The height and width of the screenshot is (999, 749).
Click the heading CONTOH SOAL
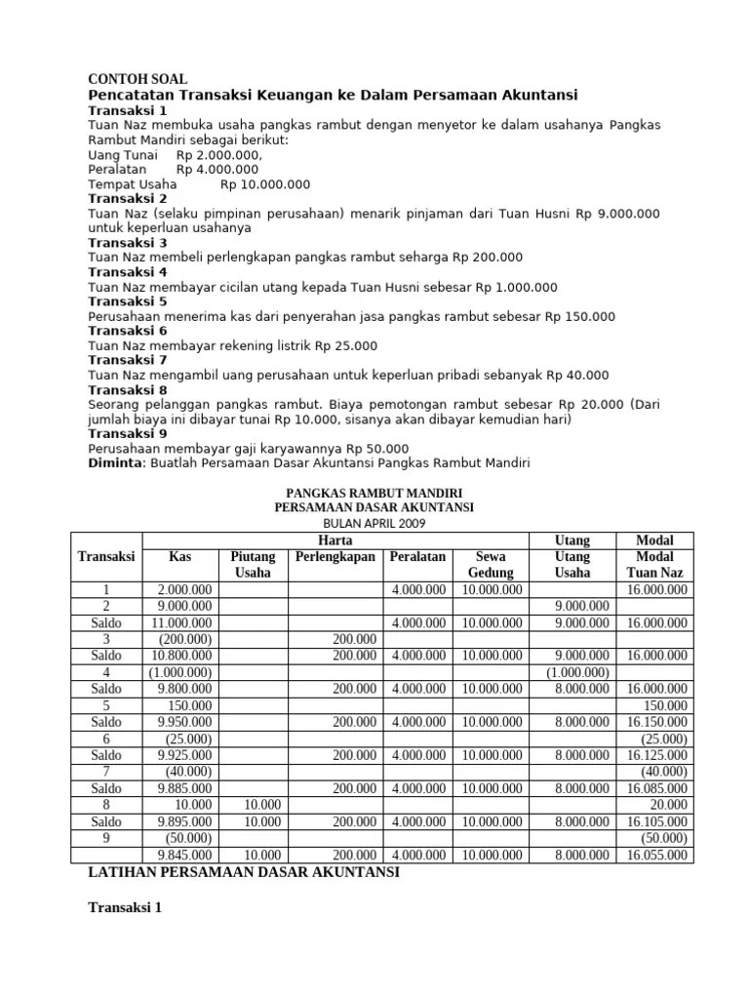click(x=138, y=79)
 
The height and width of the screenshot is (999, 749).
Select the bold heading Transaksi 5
click(x=128, y=301)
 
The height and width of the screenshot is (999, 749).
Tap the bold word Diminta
click(x=115, y=462)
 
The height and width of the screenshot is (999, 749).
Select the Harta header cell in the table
click(x=335, y=540)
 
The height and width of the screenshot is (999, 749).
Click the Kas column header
click(x=179, y=557)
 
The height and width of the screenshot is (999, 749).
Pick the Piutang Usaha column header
click(x=253, y=565)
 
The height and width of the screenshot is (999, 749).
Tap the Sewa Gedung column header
click(x=491, y=565)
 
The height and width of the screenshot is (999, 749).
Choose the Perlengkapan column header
click(x=335, y=557)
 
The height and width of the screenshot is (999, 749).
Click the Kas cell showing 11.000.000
click(x=182, y=622)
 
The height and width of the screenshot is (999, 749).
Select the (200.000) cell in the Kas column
click(x=185, y=639)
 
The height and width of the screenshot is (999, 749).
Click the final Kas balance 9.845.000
click(x=185, y=855)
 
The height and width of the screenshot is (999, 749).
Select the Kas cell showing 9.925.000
click(x=185, y=755)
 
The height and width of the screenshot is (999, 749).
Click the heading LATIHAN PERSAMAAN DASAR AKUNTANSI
click(x=244, y=873)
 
